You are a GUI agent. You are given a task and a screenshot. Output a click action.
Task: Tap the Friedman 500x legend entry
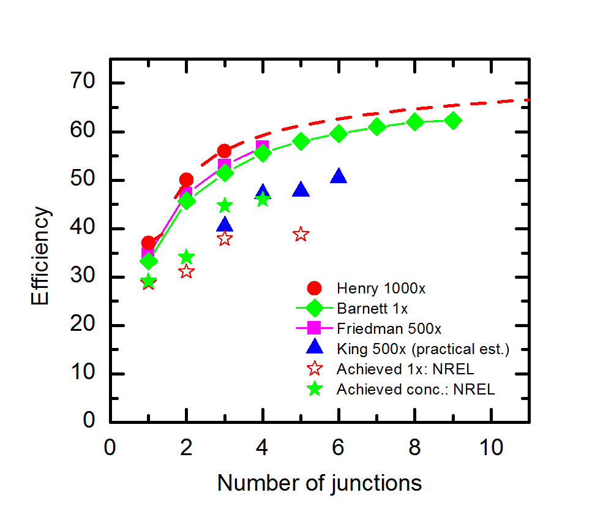pyautogui.click(x=389, y=328)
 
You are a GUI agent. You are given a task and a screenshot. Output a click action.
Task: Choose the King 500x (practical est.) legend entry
pyautogui.click(x=423, y=349)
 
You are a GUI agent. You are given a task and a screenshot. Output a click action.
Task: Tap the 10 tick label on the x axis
pyautogui.click(x=491, y=448)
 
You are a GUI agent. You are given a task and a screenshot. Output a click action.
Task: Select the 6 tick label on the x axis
pyautogui.click(x=339, y=448)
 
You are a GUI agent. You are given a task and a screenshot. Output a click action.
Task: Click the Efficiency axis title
pyautogui.click(x=42, y=255)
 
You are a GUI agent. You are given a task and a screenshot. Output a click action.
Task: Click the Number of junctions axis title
pyautogui.click(x=320, y=483)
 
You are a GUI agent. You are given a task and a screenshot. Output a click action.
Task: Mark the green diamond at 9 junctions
pyautogui.click(x=453, y=121)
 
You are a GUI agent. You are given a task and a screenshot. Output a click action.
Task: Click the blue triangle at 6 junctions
pyautogui.click(x=339, y=176)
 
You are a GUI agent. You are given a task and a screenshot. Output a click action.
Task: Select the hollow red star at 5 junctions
pyautogui.click(x=301, y=234)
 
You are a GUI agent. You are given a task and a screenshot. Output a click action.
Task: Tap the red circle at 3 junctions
pyautogui.click(x=224, y=151)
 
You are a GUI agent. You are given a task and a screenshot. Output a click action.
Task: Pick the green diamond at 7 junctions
pyautogui.click(x=377, y=127)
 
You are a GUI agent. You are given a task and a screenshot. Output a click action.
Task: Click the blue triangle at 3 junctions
pyautogui.click(x=225, y=225)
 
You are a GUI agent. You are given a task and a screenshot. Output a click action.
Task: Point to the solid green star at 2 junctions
pyautogui.click(x=186, y=257)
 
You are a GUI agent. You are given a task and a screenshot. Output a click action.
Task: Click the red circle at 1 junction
pyautogui.click(x=148, y=243)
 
